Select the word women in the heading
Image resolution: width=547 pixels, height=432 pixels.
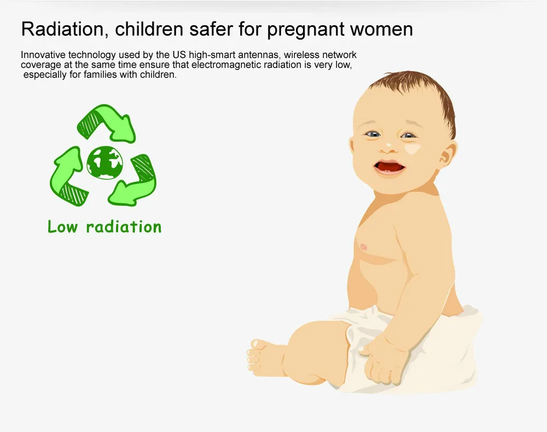point(382,30)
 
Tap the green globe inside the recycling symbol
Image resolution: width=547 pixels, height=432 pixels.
point(104,163)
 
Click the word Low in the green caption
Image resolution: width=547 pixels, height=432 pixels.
point(62,227)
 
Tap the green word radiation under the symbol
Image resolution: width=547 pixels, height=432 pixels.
point(124,227)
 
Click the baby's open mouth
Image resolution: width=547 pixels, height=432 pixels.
point(389,167)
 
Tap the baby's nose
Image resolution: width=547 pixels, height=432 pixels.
point(387,147)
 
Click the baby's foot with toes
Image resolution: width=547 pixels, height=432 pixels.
point(265,358)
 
